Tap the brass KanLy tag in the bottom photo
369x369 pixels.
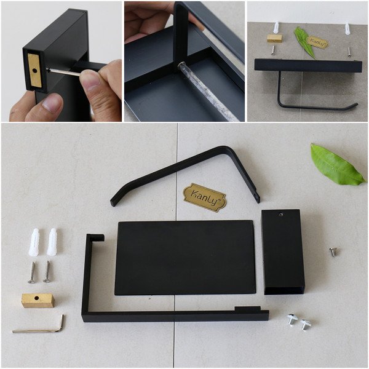tap(205, 197)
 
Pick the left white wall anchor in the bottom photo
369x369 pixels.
tap(34, 241)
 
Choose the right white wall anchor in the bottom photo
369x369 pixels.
tap(52, 241)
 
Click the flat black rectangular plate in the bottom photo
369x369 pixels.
tap(184, 257)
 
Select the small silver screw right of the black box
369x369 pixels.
tap(333, 251)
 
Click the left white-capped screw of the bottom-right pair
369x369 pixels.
tap(292, 319)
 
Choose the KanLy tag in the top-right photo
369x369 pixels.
tap(318, 42)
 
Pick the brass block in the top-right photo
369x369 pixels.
tap(274, 38)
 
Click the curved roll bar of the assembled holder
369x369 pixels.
tap(307, 106)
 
